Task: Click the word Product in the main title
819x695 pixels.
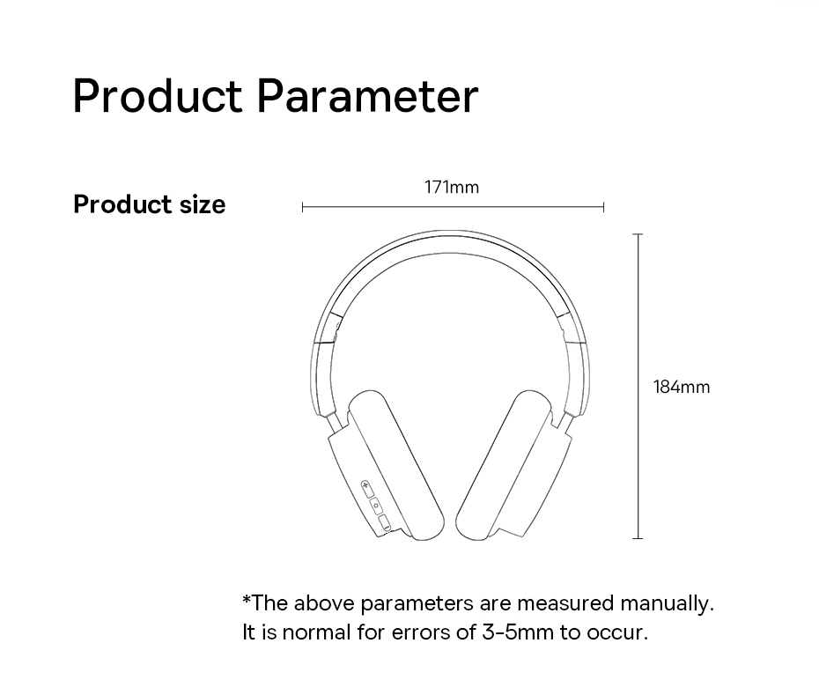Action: click(158, 96)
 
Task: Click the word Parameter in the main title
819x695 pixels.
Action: click(368, 96)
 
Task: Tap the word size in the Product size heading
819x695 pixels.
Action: click(203, 203)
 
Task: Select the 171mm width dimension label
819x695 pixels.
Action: click(452, 187)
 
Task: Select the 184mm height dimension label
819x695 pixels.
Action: click(682, 388)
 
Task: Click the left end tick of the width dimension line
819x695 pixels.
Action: click(302, 208)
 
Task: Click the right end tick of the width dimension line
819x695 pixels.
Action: click(604, 208)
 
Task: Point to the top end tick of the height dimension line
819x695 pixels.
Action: click(638, 234)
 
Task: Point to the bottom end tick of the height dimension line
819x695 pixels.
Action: click(638, 538)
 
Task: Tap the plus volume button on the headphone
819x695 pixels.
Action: click(367, 489)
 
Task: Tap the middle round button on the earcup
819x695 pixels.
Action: click(376, 506)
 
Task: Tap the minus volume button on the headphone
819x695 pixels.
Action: click(385, 523)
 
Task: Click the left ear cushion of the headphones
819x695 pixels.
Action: click(396, 465)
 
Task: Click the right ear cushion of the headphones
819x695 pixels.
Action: click(504, 465)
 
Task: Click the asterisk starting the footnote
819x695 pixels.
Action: click(247, 599)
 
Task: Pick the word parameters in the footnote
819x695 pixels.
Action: click(417, 604)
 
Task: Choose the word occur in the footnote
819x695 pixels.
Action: click(616, 633)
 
